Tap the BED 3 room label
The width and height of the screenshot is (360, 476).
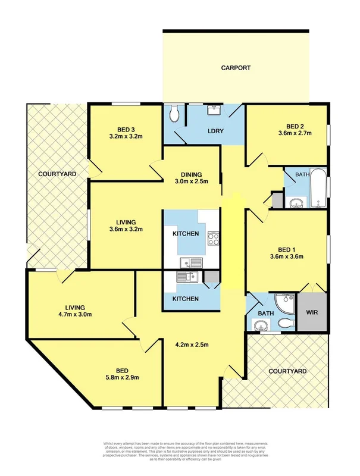(126, 131)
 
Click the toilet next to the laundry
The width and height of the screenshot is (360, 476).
(174, 114)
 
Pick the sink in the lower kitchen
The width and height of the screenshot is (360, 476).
(189, 277)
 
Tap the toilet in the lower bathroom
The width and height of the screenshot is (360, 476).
(286, 323)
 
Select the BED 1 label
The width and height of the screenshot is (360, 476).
(287, 253)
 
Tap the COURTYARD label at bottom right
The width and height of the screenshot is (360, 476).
(287, 371)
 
